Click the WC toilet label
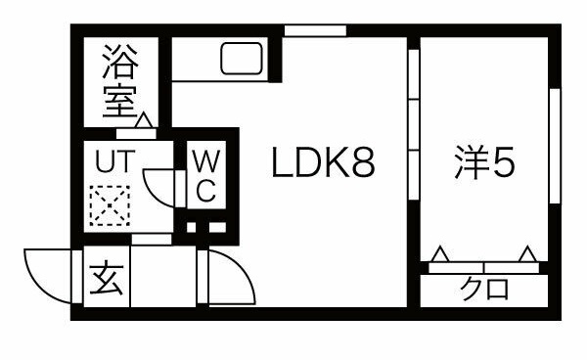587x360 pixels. click(205, 175)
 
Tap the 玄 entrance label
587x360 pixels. click(107, 282)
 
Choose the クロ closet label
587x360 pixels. click(483, 290)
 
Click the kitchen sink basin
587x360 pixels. click(240, 61)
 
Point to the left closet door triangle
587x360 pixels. click(440, 254)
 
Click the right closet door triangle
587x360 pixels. click(529, 254)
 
